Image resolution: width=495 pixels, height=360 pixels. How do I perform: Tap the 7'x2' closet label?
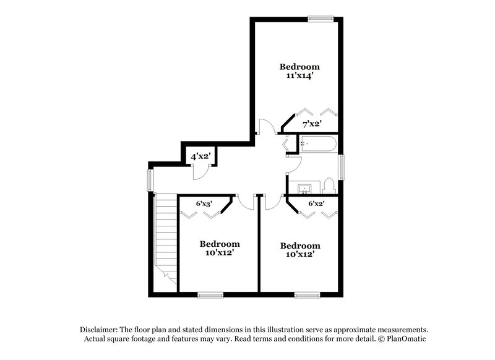(x=311, y=124)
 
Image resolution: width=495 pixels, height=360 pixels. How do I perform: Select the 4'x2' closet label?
(x=200, y=157)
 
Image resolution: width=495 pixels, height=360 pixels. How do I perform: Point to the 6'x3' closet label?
(x=205, y=203)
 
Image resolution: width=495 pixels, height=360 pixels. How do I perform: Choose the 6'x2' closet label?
(x=317, y=203)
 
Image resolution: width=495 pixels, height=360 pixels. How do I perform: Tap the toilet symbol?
(x=329, y=185)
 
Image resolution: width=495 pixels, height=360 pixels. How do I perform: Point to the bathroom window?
(x=341, y=166)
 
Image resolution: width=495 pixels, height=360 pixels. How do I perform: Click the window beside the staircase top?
(x=148, y=179)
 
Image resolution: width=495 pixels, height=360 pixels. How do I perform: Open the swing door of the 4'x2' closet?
(x=199, y=173)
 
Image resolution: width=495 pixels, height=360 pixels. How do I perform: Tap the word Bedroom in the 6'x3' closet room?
(x=219, y=244)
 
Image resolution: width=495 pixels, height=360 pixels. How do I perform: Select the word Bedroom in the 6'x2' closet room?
(x=299, y=245)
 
